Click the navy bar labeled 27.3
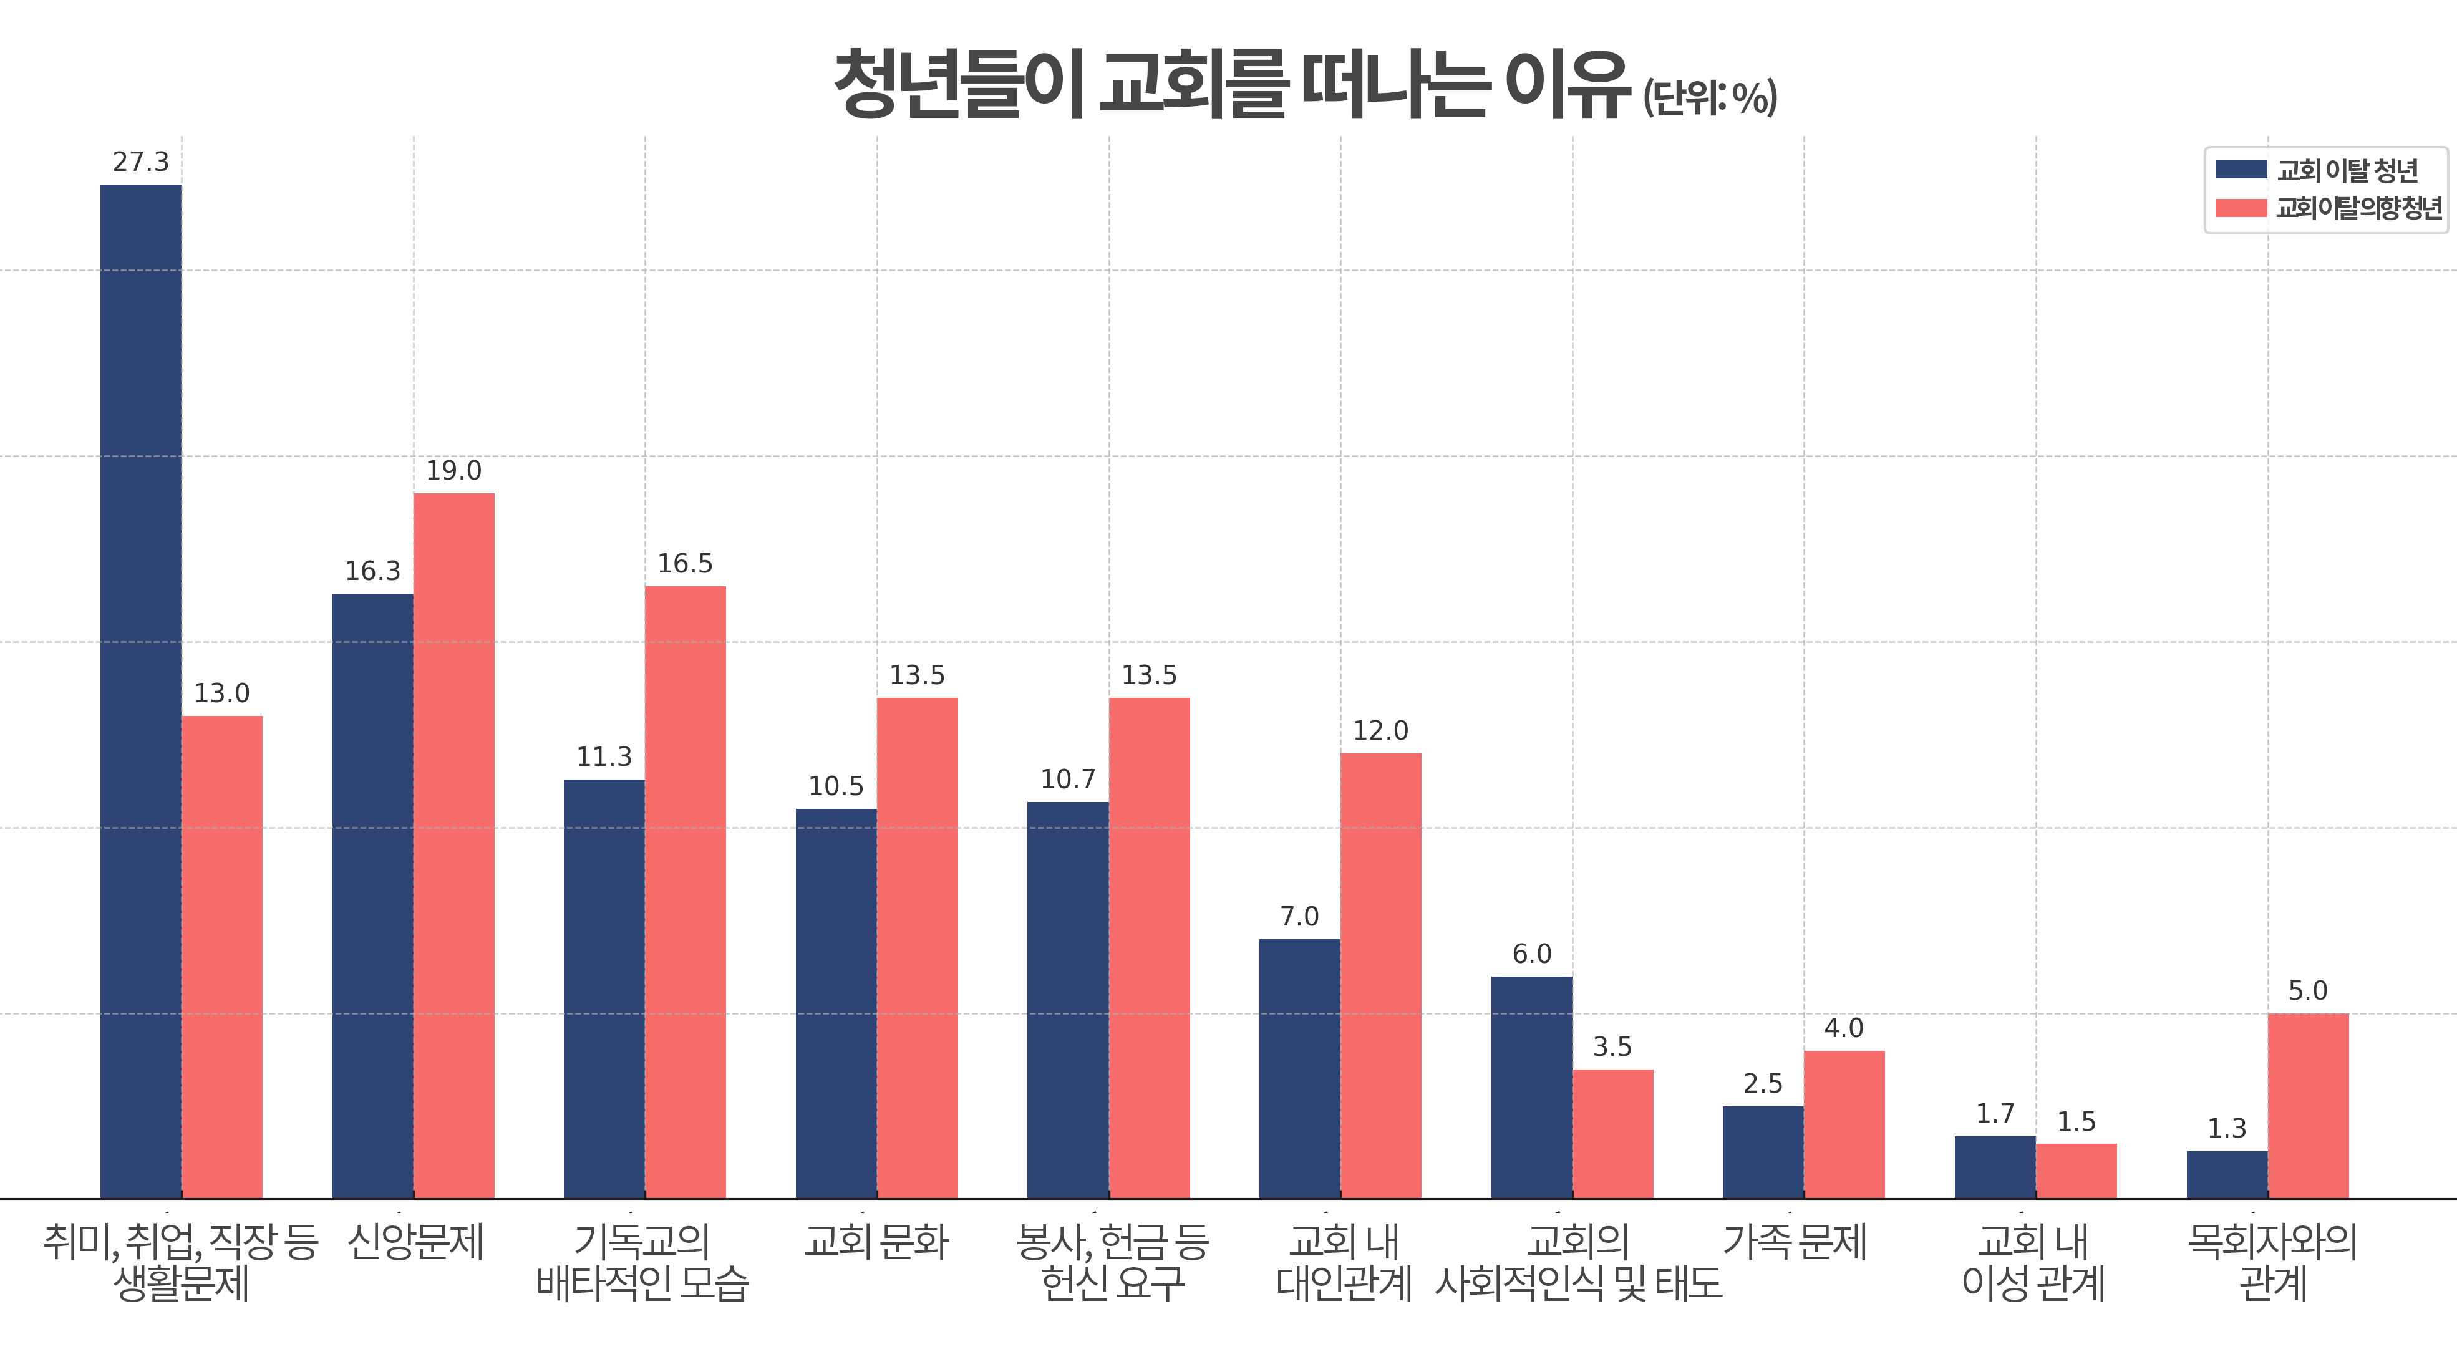(140, 691)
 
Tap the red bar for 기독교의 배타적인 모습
(685, 892)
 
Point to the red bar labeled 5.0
(2307, 1106)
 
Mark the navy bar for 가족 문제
(1763, 1152)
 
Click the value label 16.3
(372, 571)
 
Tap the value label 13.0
(221, 693)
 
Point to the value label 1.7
(1994, 1114)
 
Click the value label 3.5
(1612, 1047)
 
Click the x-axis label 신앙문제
(416, 1242)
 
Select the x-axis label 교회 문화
(876, 1242)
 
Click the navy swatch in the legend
(2241, 170)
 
